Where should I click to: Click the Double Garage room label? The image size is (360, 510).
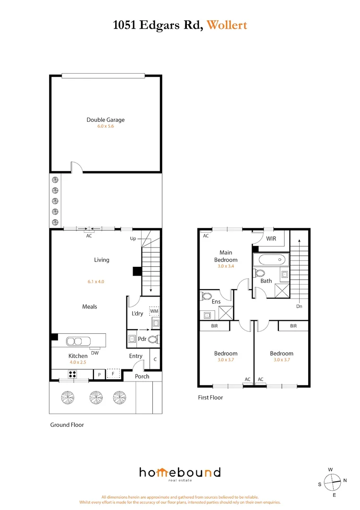(105, 120)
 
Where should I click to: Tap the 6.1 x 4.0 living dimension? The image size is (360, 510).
(95, 281)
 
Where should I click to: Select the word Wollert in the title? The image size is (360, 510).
(226, 25)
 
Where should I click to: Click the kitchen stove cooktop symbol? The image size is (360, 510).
(73, 374)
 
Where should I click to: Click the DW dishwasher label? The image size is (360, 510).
(95, 352)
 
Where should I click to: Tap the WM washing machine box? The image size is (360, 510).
(154, 311)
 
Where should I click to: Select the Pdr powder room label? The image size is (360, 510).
(142, 339)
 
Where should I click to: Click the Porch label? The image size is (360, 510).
(142, 376)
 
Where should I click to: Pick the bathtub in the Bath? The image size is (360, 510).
(270, 259)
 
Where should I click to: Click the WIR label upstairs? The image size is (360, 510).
(271, 239)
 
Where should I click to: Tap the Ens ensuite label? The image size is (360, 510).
(216, 302)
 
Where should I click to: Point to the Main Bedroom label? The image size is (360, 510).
(226, 256)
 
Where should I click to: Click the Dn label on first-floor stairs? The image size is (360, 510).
(300, 306)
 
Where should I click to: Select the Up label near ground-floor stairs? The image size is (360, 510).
(133, 239)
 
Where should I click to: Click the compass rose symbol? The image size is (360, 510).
(333, 482)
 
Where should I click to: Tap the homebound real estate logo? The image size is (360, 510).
(179, 473)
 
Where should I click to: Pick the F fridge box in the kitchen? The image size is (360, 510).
(112, 374)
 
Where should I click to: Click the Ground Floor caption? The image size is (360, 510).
(67, 425)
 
